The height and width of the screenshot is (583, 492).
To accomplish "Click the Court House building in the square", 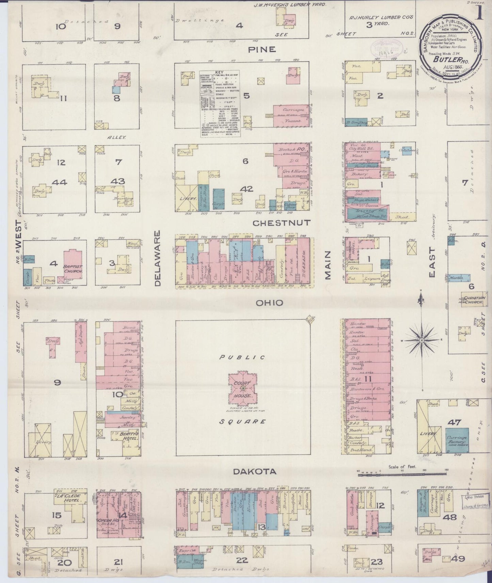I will [x=243, y=388].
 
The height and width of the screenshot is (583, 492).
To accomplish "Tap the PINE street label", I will [x=261, y=50].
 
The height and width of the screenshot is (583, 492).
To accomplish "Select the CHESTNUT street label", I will [x=282, y=223].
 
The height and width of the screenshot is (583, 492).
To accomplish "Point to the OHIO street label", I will [x=269, y=303].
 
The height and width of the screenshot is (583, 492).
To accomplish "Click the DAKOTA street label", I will [x=255, y=471].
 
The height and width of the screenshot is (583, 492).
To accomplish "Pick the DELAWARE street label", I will [x=157, y=259].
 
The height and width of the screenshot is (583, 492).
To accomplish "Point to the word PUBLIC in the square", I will [x=242, y=357].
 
